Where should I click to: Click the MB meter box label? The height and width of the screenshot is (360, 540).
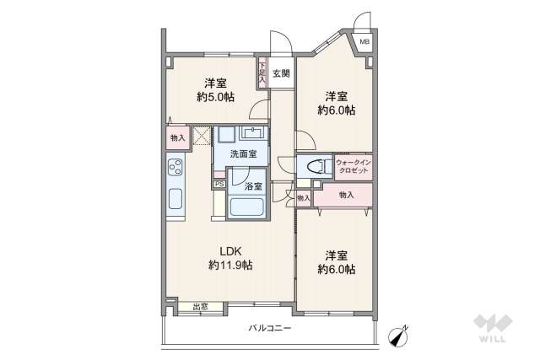coord(365,41)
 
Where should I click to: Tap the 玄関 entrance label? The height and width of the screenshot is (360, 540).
coord(282,73)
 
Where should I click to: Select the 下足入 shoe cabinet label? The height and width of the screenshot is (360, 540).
coord(262,73)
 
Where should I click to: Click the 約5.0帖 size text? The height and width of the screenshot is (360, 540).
coord(214,97)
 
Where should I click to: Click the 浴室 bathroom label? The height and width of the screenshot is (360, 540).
coord(253,185)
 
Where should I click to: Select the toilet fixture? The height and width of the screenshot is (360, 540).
coord(314,166)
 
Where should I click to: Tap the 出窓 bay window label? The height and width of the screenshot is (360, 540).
coord(201,308)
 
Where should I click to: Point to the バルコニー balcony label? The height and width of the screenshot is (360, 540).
coord(270,328)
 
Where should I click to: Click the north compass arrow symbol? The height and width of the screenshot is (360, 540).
coord(397,334)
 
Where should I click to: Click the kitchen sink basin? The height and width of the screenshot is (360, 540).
coord(175,201)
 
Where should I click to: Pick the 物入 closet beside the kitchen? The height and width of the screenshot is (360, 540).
coord(178,137)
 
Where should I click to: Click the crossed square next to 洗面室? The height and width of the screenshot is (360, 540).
coord(202,136)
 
